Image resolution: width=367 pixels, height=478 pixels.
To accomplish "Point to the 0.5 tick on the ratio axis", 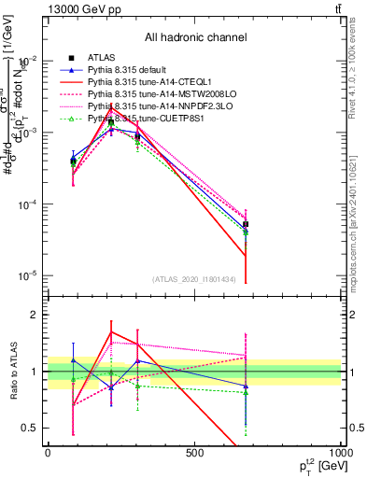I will [x=32, y=428].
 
